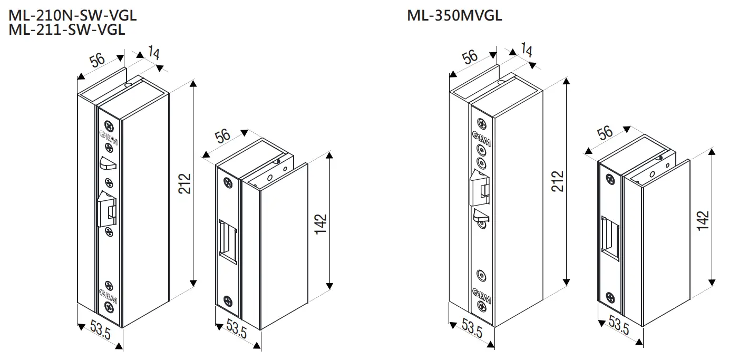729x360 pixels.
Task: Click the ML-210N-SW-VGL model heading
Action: pos(72,16)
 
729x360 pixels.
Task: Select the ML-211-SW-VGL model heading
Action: pos(67,30)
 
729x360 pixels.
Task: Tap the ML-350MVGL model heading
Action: pos(454,16)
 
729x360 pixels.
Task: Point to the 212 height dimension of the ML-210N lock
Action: pos(184,183)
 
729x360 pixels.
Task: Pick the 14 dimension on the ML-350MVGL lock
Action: pos(526,50)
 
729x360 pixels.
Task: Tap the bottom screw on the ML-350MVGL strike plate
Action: pos(610,297)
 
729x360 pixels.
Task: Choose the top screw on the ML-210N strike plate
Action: pos(228,183)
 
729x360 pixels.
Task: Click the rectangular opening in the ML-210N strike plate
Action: pos(229,240)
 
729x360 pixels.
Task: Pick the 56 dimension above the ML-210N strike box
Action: pos(223,136)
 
